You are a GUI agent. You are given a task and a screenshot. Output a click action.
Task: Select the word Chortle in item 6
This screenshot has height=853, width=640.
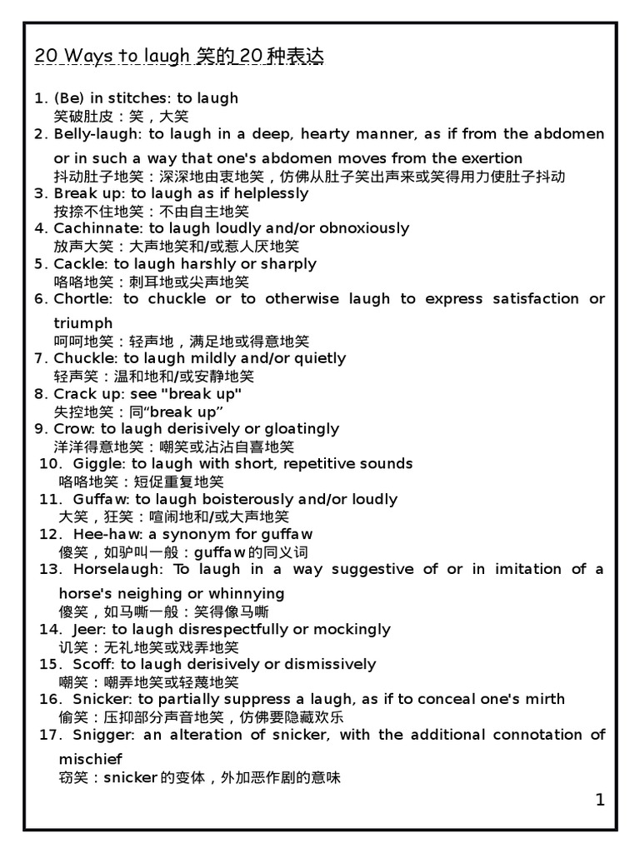(x=81, y=298)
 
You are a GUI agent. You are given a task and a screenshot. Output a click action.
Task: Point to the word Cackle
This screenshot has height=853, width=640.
(x=77, y=263)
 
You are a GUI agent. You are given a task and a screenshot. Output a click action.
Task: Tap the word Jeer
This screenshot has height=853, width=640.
(x=88, y=629)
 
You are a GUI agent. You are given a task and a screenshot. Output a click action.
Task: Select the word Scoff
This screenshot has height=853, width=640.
(x=92, y=664)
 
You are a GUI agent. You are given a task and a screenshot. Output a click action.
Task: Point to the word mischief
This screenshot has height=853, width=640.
(x=91, y=759)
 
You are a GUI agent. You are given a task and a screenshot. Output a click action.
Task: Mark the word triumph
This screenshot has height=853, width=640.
(x=83, y=323)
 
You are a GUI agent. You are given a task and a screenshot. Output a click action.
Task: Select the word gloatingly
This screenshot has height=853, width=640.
(x=300, y=428)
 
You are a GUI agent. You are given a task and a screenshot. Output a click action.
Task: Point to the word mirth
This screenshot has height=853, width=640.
(x=545, y=699)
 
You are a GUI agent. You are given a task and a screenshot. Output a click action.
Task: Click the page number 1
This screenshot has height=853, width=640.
(x=600, y=801)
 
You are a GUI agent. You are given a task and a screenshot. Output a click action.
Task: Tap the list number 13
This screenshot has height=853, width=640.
(x=51, y=569)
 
